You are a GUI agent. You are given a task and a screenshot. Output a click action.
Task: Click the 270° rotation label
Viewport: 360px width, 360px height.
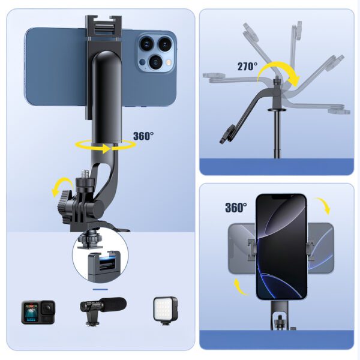point(247,67)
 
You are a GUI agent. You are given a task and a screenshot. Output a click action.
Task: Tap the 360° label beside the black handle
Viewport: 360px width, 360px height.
point(143,136)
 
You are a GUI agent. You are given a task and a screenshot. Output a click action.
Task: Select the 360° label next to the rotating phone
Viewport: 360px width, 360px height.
point(236,208)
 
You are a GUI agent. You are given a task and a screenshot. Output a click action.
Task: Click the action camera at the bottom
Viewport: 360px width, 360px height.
point(38,311)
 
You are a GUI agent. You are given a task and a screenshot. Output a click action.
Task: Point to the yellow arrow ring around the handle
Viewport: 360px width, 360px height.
point(108,146)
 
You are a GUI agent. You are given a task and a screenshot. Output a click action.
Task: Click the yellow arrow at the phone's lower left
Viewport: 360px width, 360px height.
point(239,286)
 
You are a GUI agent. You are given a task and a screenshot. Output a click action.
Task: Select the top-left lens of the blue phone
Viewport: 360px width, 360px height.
point(147,43)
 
